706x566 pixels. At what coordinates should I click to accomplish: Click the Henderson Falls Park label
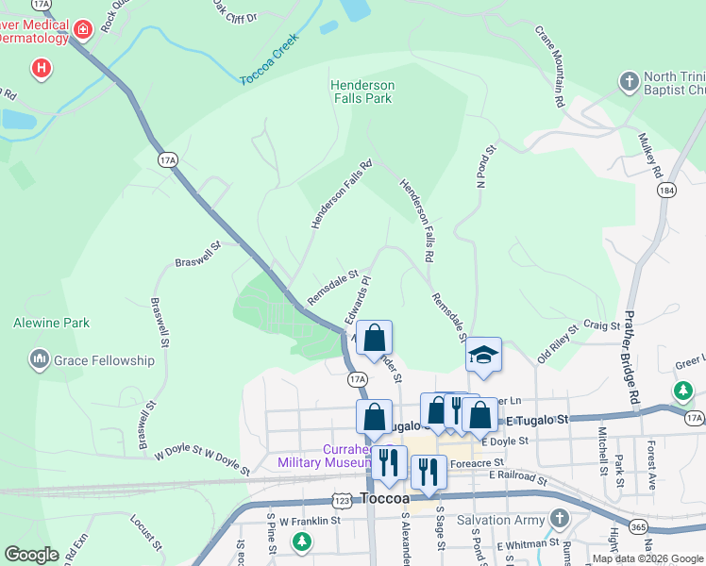361,92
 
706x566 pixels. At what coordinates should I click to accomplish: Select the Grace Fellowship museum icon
40,359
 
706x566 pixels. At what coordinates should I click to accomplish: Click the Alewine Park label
51,323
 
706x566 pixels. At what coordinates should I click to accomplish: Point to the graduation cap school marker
482,355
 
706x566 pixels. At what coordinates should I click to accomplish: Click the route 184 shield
667,191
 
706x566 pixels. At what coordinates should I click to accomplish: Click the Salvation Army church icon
560,519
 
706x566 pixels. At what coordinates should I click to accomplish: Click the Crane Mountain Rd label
550,65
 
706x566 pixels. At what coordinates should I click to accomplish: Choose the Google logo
32,555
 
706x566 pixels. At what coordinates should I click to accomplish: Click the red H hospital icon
41,68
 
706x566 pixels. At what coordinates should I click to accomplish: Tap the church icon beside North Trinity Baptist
630,82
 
